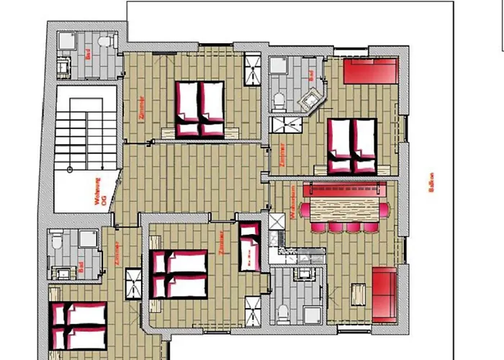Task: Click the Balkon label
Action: click(x=431, y=184)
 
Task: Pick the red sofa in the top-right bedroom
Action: click(x=369, y=72)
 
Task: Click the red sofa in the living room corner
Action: click(x=384, y=293)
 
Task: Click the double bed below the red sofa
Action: click(x=352, y=145)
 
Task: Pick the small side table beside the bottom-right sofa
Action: click(x=358, y=294)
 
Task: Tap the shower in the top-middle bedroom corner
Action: click(x=253, y=68)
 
